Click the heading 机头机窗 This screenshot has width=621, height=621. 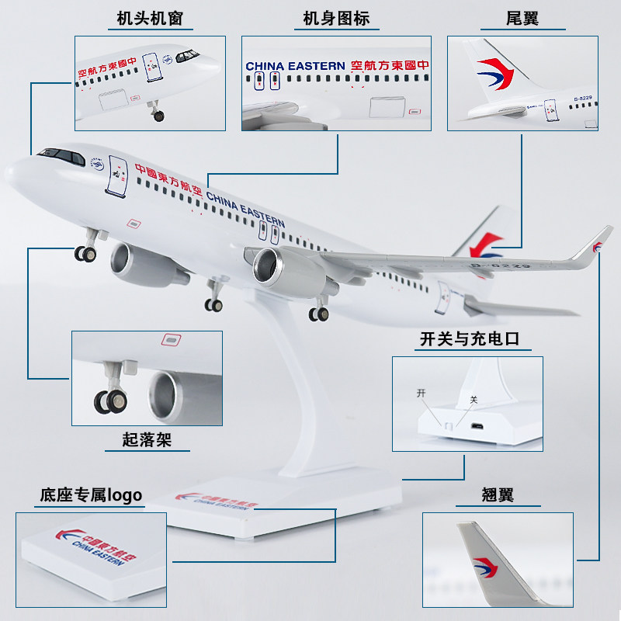(150, 18)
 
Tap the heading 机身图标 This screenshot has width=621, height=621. (336, 18)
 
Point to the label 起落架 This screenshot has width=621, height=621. (146, 440)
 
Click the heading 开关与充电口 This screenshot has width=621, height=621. (469, 338)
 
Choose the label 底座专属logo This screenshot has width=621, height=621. (91, 495)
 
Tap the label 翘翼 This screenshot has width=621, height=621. (497, 495)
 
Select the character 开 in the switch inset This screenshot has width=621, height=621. (422, 394)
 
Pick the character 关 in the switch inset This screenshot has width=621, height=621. (474, 401)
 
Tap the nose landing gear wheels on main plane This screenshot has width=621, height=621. (85, 253)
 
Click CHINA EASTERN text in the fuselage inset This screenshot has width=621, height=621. (295, 67)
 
